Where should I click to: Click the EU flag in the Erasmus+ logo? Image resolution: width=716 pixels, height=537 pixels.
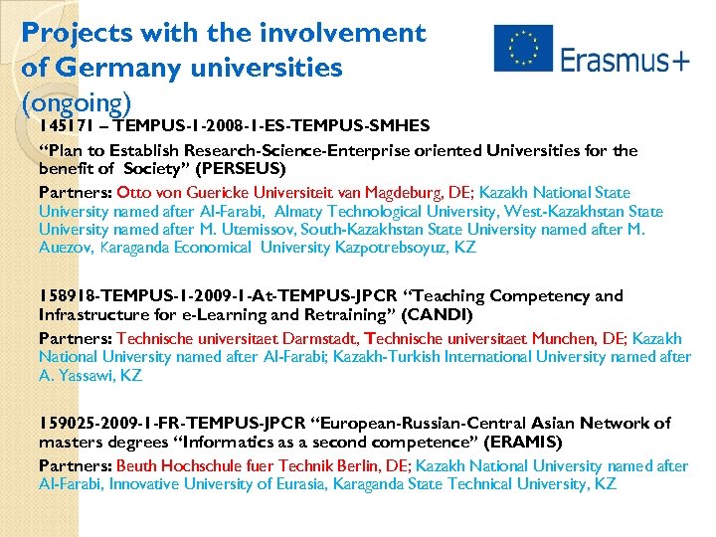[523, 49]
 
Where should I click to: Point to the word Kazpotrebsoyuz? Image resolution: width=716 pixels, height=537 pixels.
[399, 248]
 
